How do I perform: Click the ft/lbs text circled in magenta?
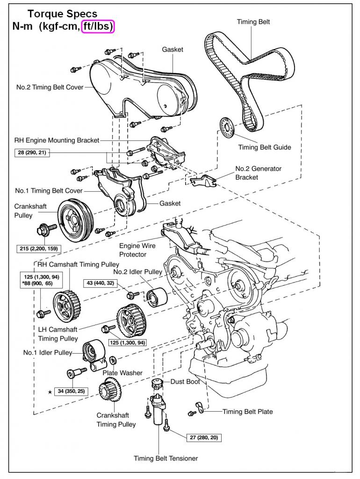pyautogui.click(x=98, y=27)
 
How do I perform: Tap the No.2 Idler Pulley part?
pyautogui.click(x=154, y=296)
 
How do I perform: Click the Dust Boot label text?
pyautogui.click(x=185, y=382)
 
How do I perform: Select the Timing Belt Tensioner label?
pyautogui.click(x=166, y=458)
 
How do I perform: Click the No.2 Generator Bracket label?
pyautogui.click(x=258, y=173)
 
